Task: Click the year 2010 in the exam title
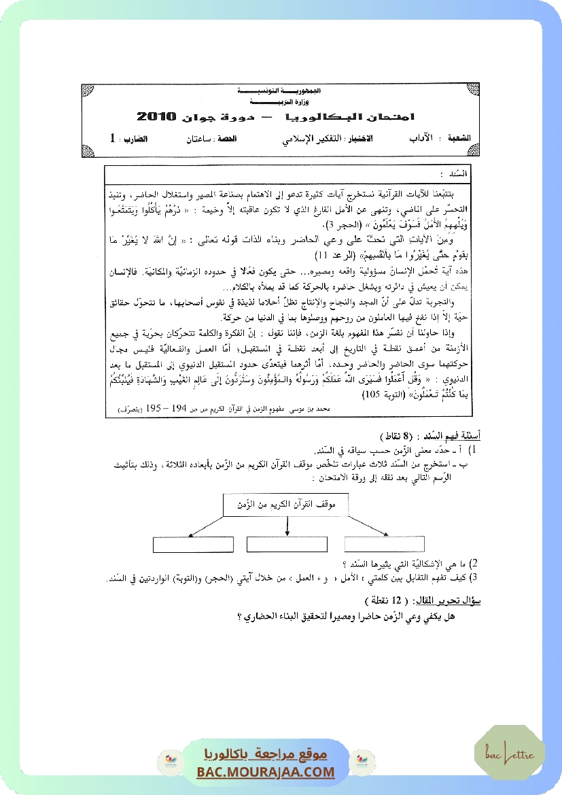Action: (x=156, y=116)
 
